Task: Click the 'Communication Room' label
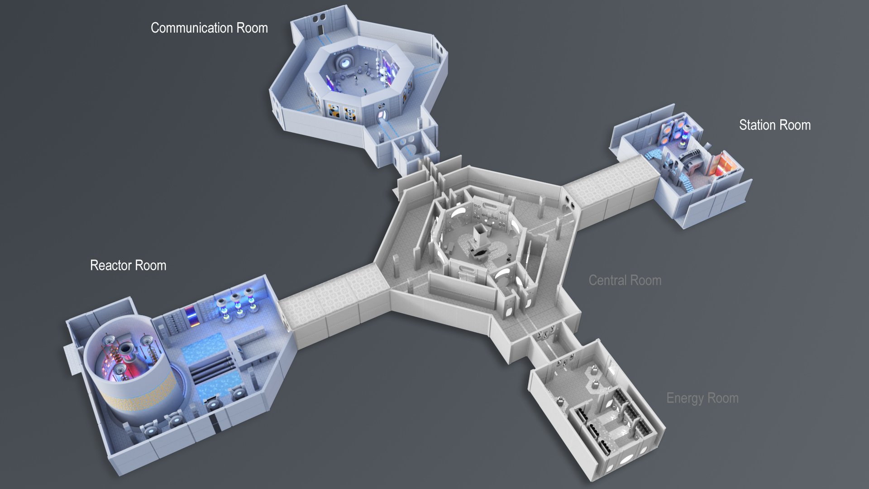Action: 209,28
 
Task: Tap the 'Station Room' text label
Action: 774,125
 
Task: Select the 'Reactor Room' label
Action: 128,265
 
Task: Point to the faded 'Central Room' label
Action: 625,281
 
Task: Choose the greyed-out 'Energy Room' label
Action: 702,398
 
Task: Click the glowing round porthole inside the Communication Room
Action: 346,61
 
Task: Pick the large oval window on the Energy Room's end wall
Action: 627,459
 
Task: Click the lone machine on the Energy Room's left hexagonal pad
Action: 560,401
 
